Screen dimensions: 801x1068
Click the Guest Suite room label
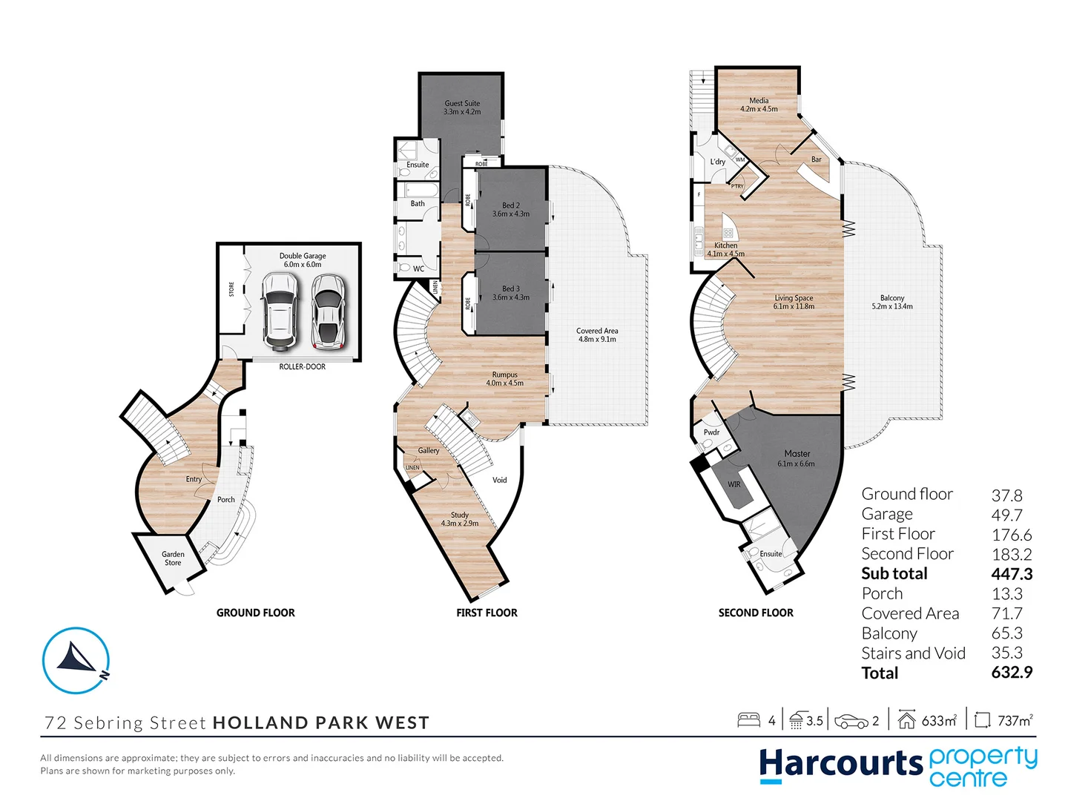pyautogui.click(x=462, y=108)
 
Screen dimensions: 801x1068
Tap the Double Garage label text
pyautogui.click(x=303, y=260)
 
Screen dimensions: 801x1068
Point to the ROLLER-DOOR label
pyautogui.click(x=302, y=366)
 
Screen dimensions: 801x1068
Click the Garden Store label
pyautogui.click(x=173, y=558)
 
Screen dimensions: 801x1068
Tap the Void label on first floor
pyautogui.click(x=500, y=480)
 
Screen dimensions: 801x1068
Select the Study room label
pyautogui.click(x=460, y=518)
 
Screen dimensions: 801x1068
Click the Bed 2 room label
pyautogui.click(x=511, y=210)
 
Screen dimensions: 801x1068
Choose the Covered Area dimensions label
pyautogui.click(x=597, y=335)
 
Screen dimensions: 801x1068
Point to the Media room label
pyautogui.click(x=759, y=105)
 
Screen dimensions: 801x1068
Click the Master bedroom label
pyautogui.click(x=797, y=458)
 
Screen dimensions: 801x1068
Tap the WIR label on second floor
pyautogui.click(x=734, y=484)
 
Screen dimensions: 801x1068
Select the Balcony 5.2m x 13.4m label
pyautogui.click(x=892, y=302)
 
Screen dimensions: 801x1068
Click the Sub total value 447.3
pyautogui.click(x=1012, y=573)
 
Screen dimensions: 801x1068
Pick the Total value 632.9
pyautogui.click(x=1012, y=673)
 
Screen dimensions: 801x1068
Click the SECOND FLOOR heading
pyautogui.click(x=756, y=613)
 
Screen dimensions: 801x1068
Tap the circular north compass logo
pyautogui.click(x=76, y=660)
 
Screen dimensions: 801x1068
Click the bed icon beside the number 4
pyautogui.click(x=748, y=720)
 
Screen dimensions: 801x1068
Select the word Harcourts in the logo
pyautogui.click(x=840, y=765)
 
